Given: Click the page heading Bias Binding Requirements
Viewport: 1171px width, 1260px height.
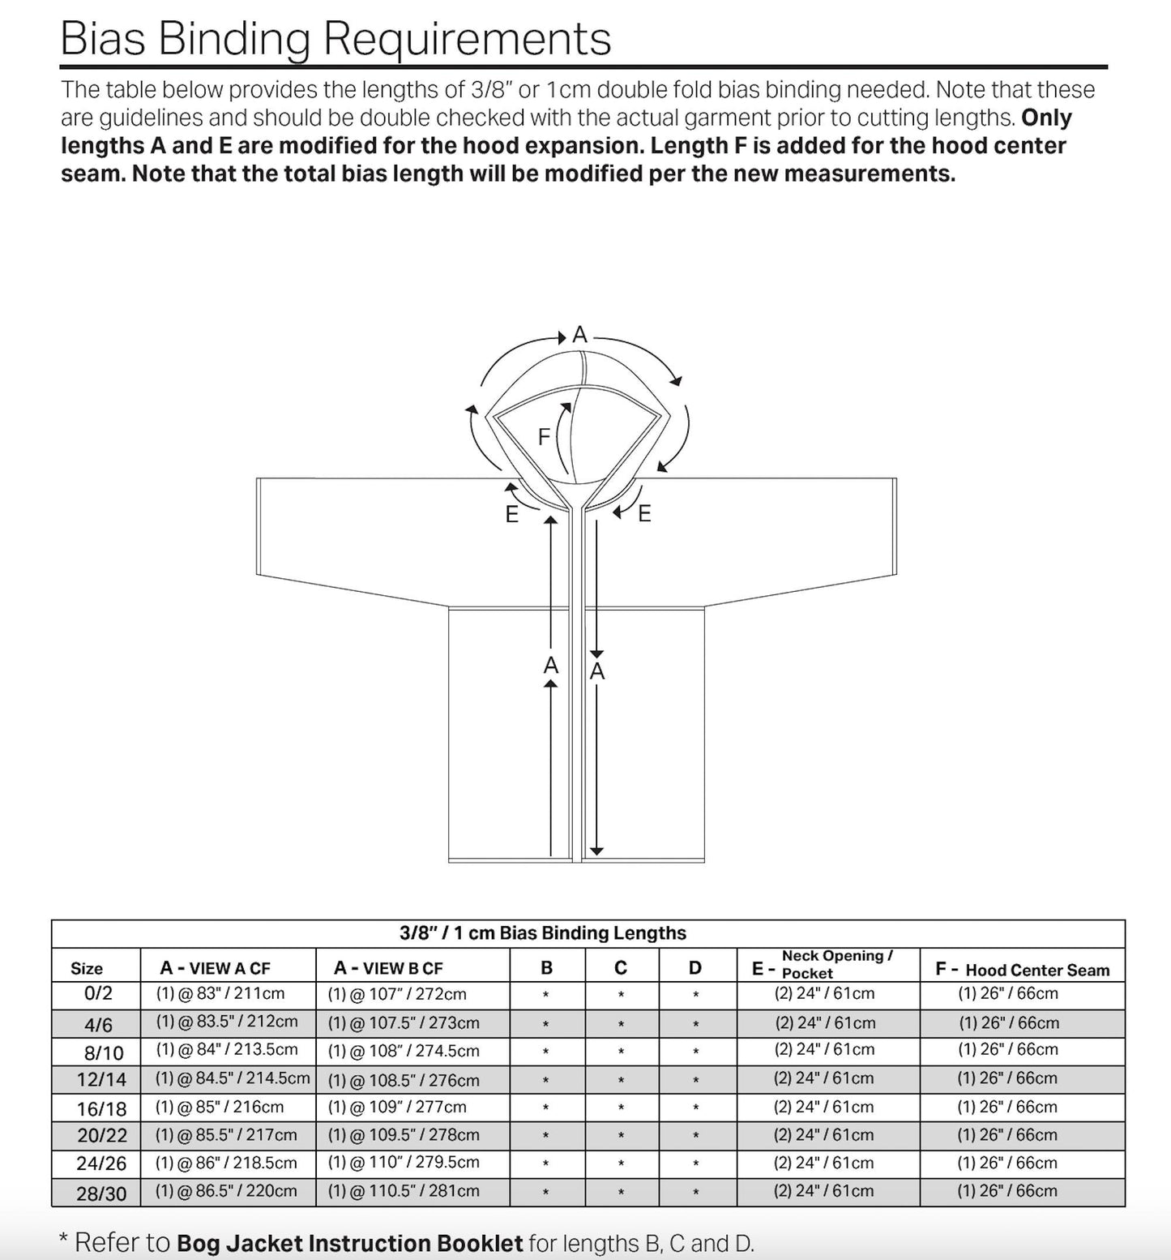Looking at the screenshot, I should [335, 39].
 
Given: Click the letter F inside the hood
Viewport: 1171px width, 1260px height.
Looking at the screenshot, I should [545, 437].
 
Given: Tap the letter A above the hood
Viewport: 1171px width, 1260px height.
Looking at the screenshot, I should [579, 334].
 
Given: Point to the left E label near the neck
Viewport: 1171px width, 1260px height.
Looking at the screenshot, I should [512, 514].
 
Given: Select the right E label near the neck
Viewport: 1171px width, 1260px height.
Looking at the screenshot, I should [644, 513].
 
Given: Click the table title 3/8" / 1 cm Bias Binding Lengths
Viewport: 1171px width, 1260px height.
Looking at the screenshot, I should [543, 933].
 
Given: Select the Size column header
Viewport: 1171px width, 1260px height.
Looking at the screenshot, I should [87, 968].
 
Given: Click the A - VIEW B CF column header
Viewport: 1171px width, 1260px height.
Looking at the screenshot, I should [389, 967].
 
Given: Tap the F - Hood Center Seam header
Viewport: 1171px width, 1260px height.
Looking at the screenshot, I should [1023, 969].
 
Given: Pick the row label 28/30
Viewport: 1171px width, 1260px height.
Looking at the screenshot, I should [101, 1194].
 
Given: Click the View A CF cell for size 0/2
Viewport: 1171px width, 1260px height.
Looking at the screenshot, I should [220, 993].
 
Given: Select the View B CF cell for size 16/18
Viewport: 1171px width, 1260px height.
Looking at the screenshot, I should [397, 1107].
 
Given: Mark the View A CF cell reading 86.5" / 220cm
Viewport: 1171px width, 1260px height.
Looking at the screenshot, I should [227, 1191].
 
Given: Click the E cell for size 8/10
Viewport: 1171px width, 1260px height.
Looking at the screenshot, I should [825, 1049].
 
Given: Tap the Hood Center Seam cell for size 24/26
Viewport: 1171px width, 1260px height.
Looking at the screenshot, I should [1007, 1163].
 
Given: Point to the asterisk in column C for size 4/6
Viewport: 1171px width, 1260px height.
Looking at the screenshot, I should [621, 1024].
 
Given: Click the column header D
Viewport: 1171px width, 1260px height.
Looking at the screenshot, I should [695, 967].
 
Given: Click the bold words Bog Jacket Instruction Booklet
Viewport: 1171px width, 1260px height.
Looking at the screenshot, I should [349, 1244].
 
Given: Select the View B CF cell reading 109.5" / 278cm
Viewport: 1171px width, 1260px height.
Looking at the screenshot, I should [404, 1135].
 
